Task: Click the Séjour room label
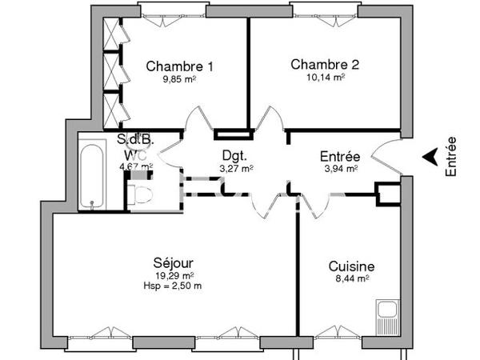pyautogui.click(x=173, y=262)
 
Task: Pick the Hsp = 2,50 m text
pyautogui.click(x=174, y=286)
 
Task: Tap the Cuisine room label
pyautogui.click(x=351, y=266)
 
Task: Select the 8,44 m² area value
pyautogui.click(x=351, y=279)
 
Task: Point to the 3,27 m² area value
pyautogui.click(x=236, y=169)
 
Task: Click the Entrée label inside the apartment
pyautogui.click(x=340, y=157)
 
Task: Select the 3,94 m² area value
pyautogui.click(x=340, y=169)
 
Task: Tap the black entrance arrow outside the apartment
pyautogui.click(x=430, y=156)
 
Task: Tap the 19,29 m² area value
pyautogui.click(x=173, y=274)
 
